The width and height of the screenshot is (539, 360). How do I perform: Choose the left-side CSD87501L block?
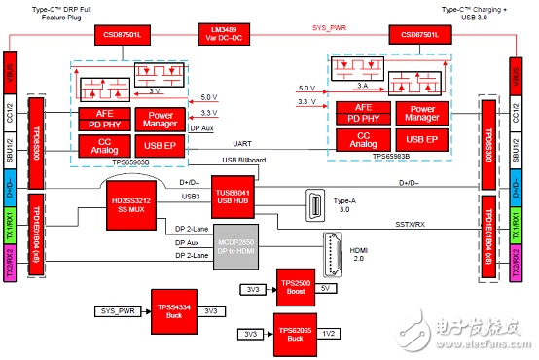[x=122, y=35]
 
